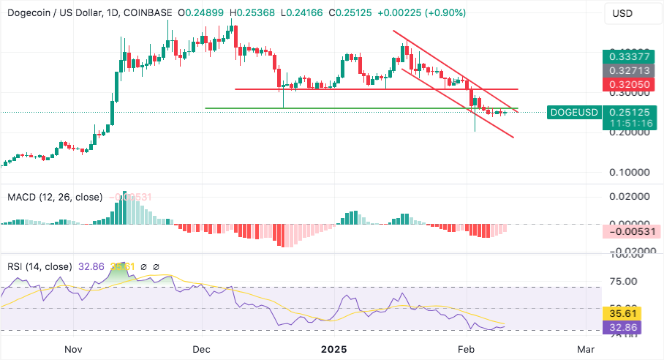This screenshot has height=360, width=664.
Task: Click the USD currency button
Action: [x=622, y=14]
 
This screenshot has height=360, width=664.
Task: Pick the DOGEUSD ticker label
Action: [x=575, y=112]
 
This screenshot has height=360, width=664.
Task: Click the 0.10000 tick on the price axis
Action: [x=630, y=173]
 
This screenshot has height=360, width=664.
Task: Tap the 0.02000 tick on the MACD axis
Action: [x=630, y=197]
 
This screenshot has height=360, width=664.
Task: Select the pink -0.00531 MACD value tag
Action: [x=630, y=231]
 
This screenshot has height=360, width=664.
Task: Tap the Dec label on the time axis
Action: [x=202, y=349]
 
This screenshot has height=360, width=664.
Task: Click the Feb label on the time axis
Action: [x=465, y=349]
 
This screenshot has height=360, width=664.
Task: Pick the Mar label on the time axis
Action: [x=585, y=349]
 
